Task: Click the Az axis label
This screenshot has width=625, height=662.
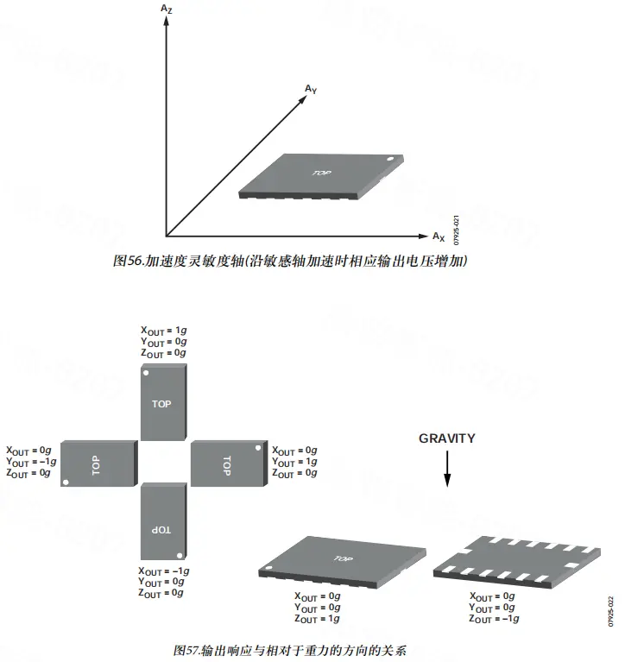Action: click(167, 9)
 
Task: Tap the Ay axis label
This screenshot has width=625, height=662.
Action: click(311, 89)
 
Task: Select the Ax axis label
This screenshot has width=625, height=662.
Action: click(439, 236)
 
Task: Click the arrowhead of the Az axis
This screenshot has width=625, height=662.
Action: click(167, 20)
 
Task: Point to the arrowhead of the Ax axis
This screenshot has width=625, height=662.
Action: click(424, 236)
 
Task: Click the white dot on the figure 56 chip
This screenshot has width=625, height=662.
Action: click(390, 160)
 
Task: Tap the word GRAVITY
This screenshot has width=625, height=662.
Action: click(447, 438)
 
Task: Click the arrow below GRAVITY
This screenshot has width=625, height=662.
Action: click(447, 469)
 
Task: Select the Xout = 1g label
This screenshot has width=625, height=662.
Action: click(163, 331)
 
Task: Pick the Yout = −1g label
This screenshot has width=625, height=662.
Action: click(31, 462)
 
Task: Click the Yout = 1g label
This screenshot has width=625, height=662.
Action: click(294, 462)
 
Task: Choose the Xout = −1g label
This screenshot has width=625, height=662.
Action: click(163, 571)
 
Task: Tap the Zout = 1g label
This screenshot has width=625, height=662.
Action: click(317, 619)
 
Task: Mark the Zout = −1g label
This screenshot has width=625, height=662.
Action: click(494, 619)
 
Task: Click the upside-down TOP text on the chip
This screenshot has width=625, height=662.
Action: click(161, 530)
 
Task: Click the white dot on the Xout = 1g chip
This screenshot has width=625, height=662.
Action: click(146, 373)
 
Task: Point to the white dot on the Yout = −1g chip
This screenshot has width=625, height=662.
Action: click(66, 482)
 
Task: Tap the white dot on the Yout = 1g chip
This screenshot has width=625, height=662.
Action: click(258, 448)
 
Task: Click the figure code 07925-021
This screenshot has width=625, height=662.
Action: click(456, 230)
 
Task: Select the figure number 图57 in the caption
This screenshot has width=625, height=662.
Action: click(186, 650)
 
